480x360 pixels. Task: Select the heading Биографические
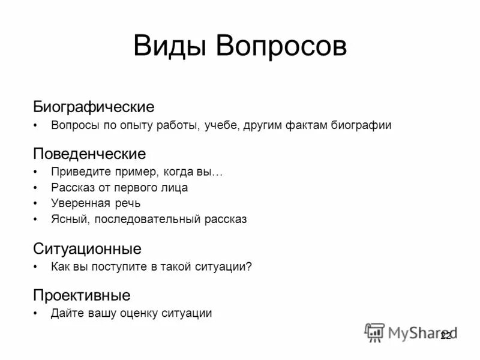[94, 107]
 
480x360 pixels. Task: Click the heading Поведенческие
[89, 154]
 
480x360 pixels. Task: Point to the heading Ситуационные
[88, 248]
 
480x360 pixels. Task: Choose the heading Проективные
[82, 295]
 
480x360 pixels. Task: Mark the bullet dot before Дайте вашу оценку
[36, 313]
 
